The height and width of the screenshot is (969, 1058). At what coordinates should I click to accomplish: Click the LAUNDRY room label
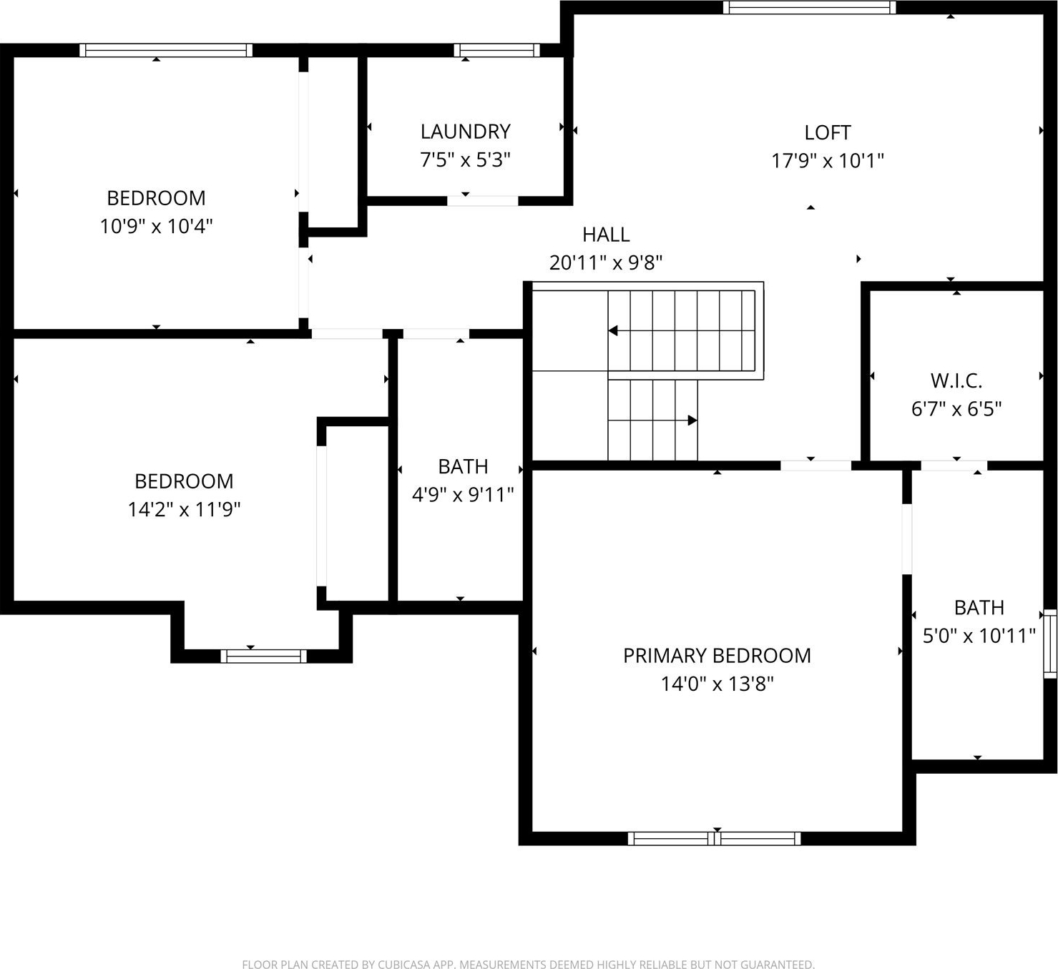click(465, 132)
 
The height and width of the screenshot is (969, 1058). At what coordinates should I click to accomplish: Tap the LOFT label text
click(828, 133)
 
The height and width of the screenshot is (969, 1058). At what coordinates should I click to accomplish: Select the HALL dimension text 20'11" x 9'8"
click(605, 262)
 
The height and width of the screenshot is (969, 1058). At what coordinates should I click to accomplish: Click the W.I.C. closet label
click(956, 380)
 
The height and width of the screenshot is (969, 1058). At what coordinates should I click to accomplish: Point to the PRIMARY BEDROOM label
click(717, 656)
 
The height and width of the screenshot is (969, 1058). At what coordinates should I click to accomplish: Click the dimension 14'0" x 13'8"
click(717, 684)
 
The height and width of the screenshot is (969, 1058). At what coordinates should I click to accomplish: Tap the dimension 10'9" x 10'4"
click(156, 226)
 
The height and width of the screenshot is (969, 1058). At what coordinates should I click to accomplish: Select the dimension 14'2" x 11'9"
click(184, 510)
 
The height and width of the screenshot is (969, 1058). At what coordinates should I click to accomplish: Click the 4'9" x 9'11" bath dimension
click(463, 495)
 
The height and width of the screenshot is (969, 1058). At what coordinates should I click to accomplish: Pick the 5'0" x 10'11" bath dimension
click(979, 636)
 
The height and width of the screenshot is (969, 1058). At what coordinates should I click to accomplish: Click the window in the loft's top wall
click(809, 7)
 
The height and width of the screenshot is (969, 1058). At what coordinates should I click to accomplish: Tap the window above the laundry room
click(497, 51)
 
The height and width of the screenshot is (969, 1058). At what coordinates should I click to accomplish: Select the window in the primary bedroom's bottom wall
click(714, 839)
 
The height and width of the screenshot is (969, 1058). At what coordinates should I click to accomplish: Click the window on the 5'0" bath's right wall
click(1050, 644)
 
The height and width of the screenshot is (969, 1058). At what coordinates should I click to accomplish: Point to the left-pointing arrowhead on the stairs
click(613, 330)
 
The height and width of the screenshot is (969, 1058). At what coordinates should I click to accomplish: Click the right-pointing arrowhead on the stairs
click(693, 420)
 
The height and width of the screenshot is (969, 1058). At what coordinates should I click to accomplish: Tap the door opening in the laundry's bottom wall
click(483, 201)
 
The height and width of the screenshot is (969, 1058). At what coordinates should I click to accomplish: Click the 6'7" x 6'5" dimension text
click(956, 409)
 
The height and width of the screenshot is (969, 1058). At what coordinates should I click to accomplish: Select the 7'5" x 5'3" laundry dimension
click(465, 159)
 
